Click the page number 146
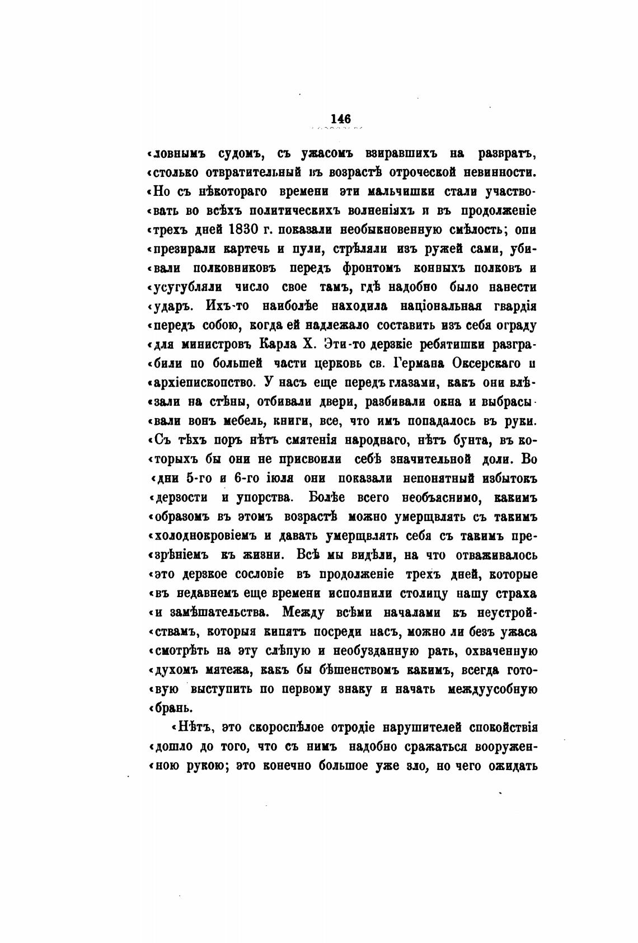coord(340,119)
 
